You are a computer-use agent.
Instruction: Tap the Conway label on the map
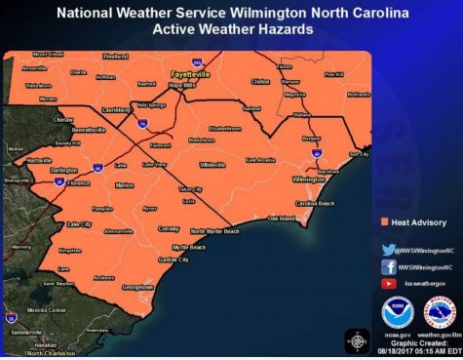pyautogui.click(x=169, y=228)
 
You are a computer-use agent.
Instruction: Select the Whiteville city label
pyautogui.click(x=212, y=164)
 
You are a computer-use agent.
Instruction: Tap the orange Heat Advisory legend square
pyautogui.click(x=384, y=222)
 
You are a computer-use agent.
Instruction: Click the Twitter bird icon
pyautogui.click(x=389, y=249)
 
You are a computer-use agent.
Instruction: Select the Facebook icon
pyautogui.click(x=389, y=265)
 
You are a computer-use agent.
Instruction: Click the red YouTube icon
pyautogui.click(x=389, y=282)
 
